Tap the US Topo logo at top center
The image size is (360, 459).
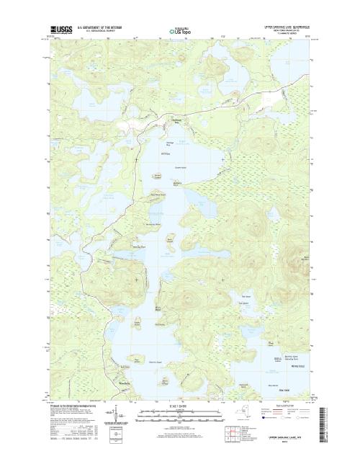coord(180,31)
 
